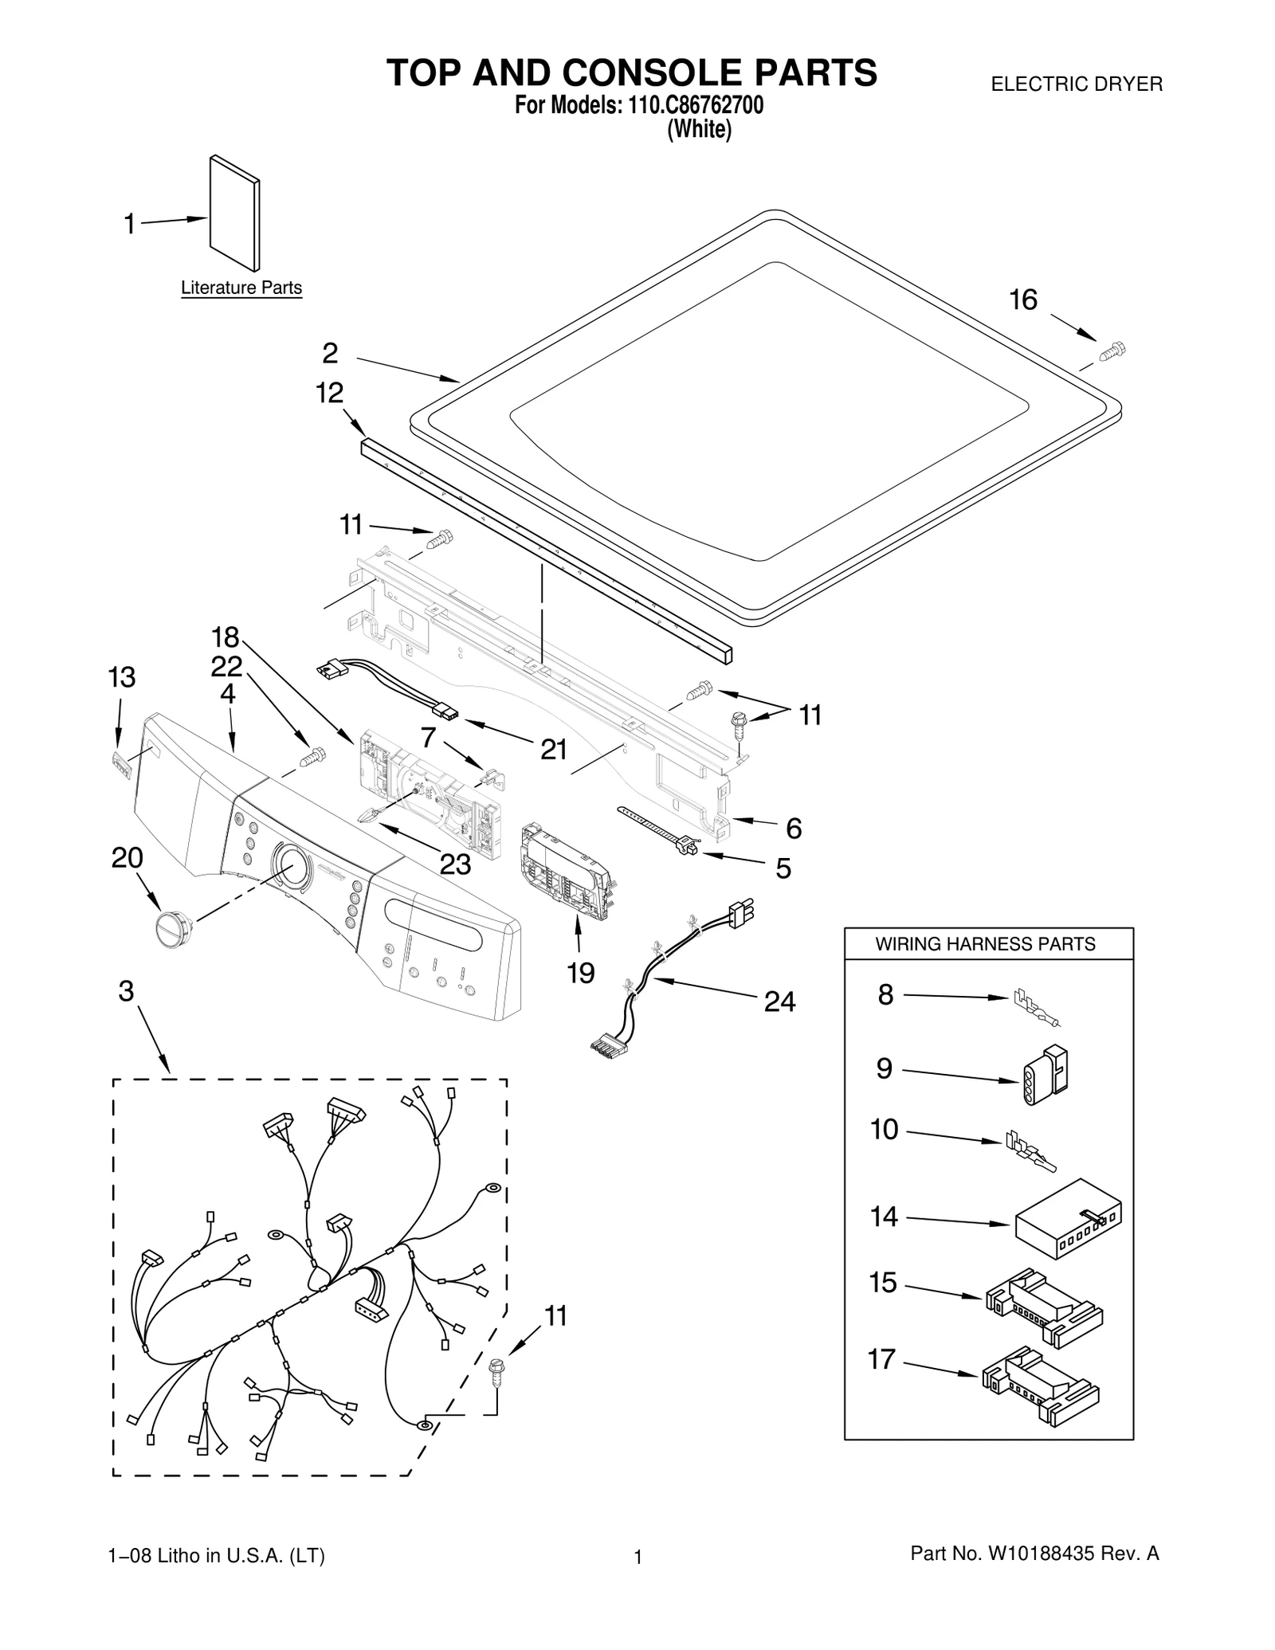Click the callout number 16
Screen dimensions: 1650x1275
click(x=1023, y=300)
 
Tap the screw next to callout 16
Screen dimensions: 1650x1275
click(x=1112, y=351)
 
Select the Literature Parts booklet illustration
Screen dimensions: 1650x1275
click(x=234, y=213)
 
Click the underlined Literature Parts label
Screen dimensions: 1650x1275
click(x=241, y=288)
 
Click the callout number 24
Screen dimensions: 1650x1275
click(x=779, y=1002)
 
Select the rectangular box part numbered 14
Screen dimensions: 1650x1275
click(x=1067, y=1218)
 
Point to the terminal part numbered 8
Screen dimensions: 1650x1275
click(x=1036, y=1006)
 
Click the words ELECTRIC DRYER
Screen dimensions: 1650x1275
click(x=1076, y=84)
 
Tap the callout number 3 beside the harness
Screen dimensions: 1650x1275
click(x=126, y=991)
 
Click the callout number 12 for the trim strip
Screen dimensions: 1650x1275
click(x=329, y=393)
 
